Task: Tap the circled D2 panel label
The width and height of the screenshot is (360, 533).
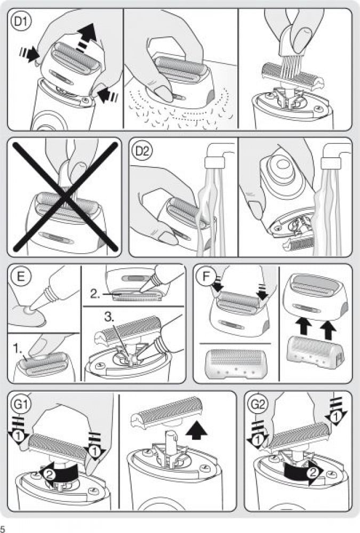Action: pos(142,151)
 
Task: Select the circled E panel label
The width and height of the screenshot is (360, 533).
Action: pos(21,276)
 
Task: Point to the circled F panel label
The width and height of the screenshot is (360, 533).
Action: pos(206,276)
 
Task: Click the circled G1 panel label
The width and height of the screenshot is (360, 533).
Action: pos(21,405)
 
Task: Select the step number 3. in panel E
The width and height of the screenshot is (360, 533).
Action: pos(109,317)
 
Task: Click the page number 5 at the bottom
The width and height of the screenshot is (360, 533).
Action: pos(2,528)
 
